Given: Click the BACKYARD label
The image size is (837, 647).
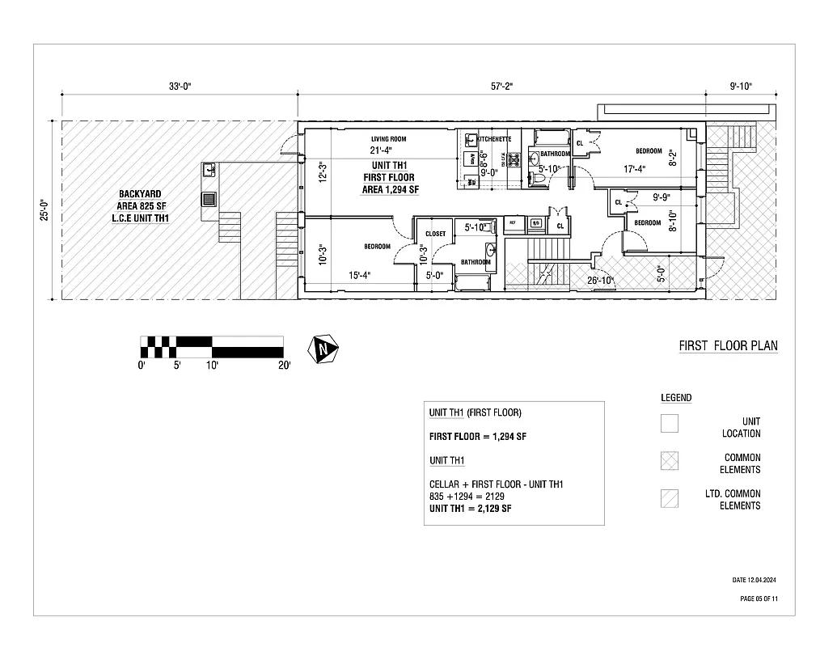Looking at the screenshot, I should tap(140, 194).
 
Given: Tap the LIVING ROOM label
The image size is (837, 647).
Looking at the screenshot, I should tap(388, 139).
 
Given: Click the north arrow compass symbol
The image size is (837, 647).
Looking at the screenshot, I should tap(325, 349).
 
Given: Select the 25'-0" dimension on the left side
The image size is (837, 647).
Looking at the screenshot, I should tap(44, 209).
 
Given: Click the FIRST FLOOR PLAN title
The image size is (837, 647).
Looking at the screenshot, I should tap(728, 346).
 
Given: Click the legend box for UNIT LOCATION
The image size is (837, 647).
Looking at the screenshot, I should tap(669, 424).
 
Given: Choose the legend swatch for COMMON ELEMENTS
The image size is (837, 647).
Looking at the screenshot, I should tap(669, 460).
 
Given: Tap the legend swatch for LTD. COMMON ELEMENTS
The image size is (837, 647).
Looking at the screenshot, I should tap(669, 497).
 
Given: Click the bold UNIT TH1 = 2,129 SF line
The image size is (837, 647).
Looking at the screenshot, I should tap(470, 508).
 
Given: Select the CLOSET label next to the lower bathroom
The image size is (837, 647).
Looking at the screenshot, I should tap(435, 234).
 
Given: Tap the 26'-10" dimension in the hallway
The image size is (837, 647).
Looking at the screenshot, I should tap(601, 281).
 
